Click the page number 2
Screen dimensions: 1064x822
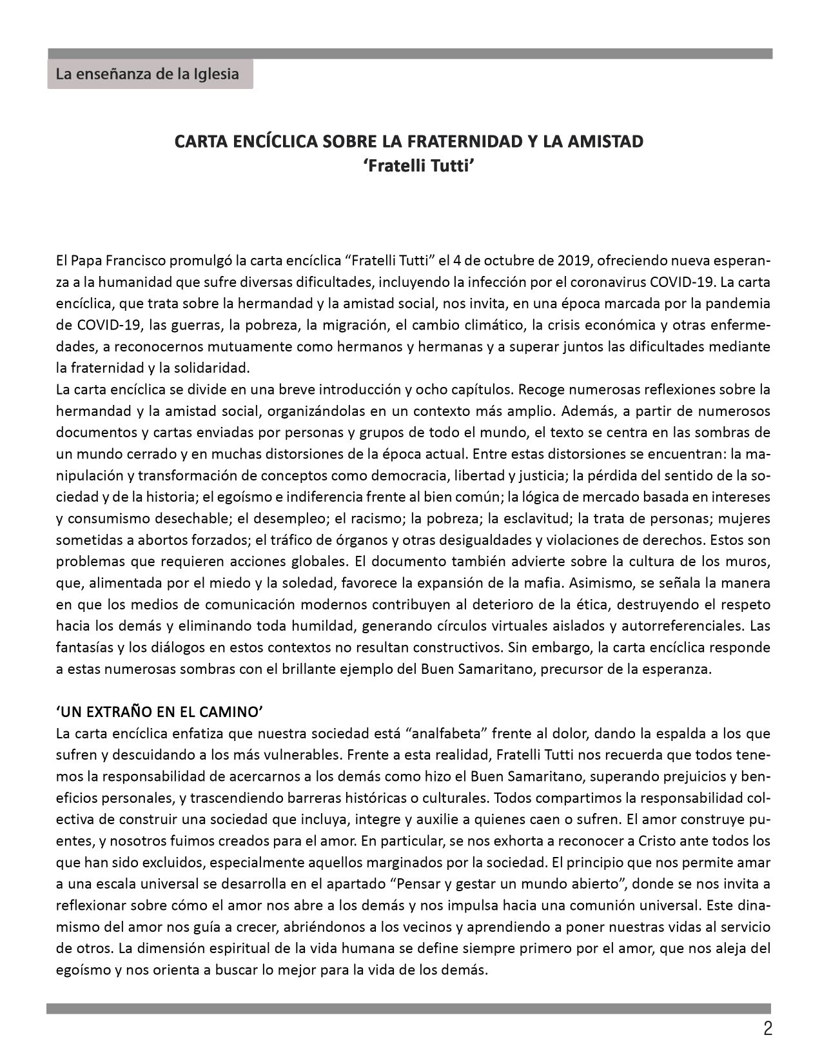[767, 1029]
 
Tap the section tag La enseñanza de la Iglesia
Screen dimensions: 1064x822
[147, 74]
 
